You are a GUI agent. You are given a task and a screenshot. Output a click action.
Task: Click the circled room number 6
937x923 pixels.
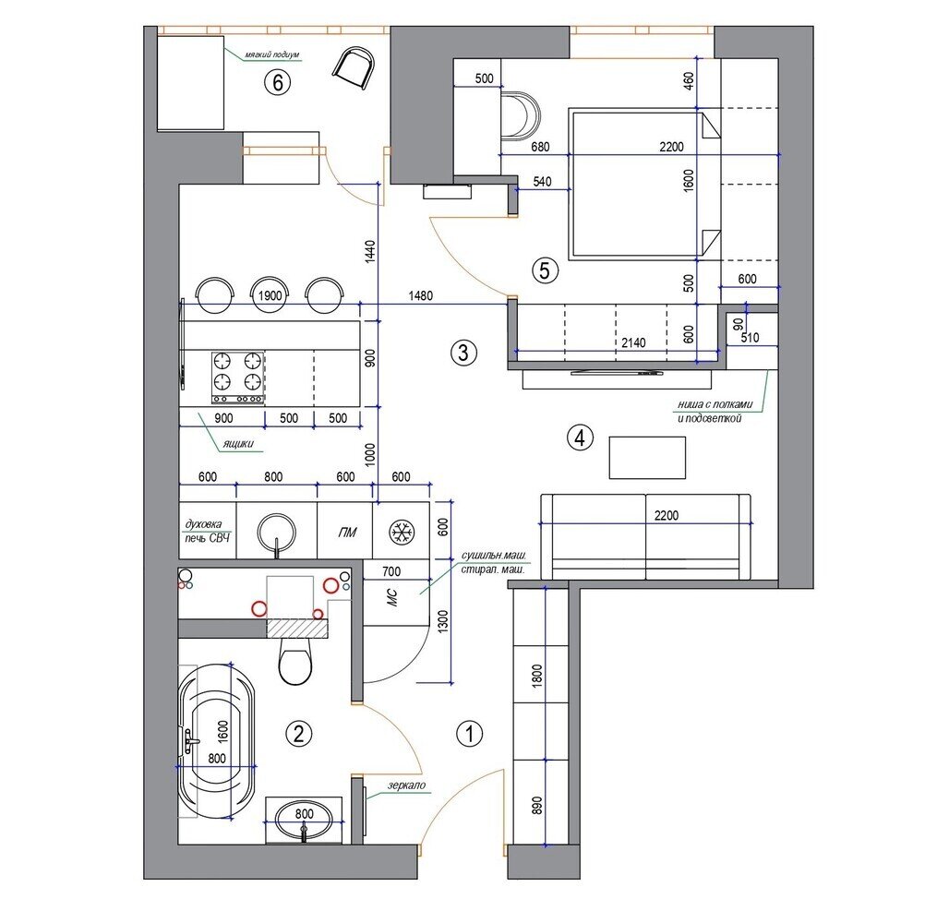(278, 82)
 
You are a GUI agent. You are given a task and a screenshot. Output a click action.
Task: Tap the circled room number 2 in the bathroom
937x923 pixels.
(299, 733)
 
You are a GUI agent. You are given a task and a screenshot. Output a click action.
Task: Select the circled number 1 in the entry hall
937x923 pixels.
(469, 734)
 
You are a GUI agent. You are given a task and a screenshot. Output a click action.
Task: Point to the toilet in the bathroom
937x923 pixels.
(295, 660)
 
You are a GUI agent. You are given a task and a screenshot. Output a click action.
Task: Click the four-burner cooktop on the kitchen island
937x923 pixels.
(238, 378)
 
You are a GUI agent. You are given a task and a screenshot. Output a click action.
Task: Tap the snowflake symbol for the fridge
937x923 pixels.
(402, 533)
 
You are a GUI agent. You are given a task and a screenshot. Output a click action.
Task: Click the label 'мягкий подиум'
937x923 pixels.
(272, 55)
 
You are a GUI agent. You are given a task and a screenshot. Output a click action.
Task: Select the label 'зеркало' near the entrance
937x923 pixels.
(406, 785)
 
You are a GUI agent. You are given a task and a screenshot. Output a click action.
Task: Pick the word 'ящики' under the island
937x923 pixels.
(238, 443)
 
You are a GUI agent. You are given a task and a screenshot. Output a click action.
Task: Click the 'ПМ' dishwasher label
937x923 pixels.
(347, 532)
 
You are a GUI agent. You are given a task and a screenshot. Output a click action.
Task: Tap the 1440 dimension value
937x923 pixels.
(370, 251)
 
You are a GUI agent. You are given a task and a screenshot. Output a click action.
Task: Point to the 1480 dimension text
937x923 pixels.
(421, 295)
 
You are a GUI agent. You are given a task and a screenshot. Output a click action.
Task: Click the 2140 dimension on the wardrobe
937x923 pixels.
(633, 342)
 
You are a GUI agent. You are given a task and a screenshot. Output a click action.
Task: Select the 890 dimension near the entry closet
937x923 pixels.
(536, 805)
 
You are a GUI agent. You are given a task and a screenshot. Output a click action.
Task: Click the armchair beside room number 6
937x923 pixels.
(354, 69)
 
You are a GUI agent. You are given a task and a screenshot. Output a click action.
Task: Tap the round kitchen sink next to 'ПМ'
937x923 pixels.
(276, 532)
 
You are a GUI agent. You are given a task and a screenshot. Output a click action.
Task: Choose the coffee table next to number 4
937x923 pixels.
(647, 458)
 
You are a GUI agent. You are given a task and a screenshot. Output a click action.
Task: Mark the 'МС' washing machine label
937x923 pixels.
(392, 597)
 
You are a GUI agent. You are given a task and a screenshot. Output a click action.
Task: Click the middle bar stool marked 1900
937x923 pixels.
(270, 295)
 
